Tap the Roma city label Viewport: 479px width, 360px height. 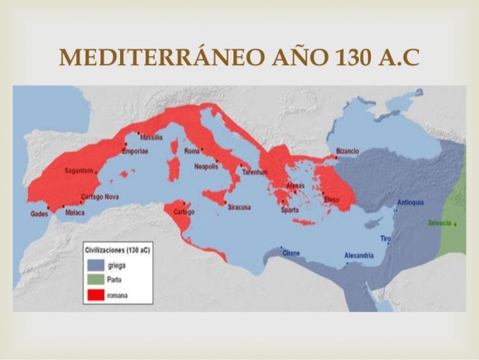(x=192, y=151)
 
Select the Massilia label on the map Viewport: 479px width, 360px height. (x=151, y=137)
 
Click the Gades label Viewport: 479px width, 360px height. (x=39, y=214)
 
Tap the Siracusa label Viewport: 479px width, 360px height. (x=238, y=207)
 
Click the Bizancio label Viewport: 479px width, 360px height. (x=347, y=151)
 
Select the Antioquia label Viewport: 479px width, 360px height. (x=410, y=202)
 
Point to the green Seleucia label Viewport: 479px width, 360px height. (x=439, y=223)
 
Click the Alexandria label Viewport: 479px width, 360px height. (x=358, y=256)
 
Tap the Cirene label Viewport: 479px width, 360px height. (x=291, y=253)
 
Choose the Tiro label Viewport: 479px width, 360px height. (x=386, y=238)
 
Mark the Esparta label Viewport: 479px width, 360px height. (x=289, y=210)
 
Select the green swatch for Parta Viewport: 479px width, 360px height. (x=94, y=280)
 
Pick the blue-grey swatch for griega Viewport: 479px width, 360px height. (x=94, y=265)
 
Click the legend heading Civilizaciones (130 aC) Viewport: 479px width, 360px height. (x=116, y=250)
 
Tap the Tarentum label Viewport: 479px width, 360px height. (x=254, y=172)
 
